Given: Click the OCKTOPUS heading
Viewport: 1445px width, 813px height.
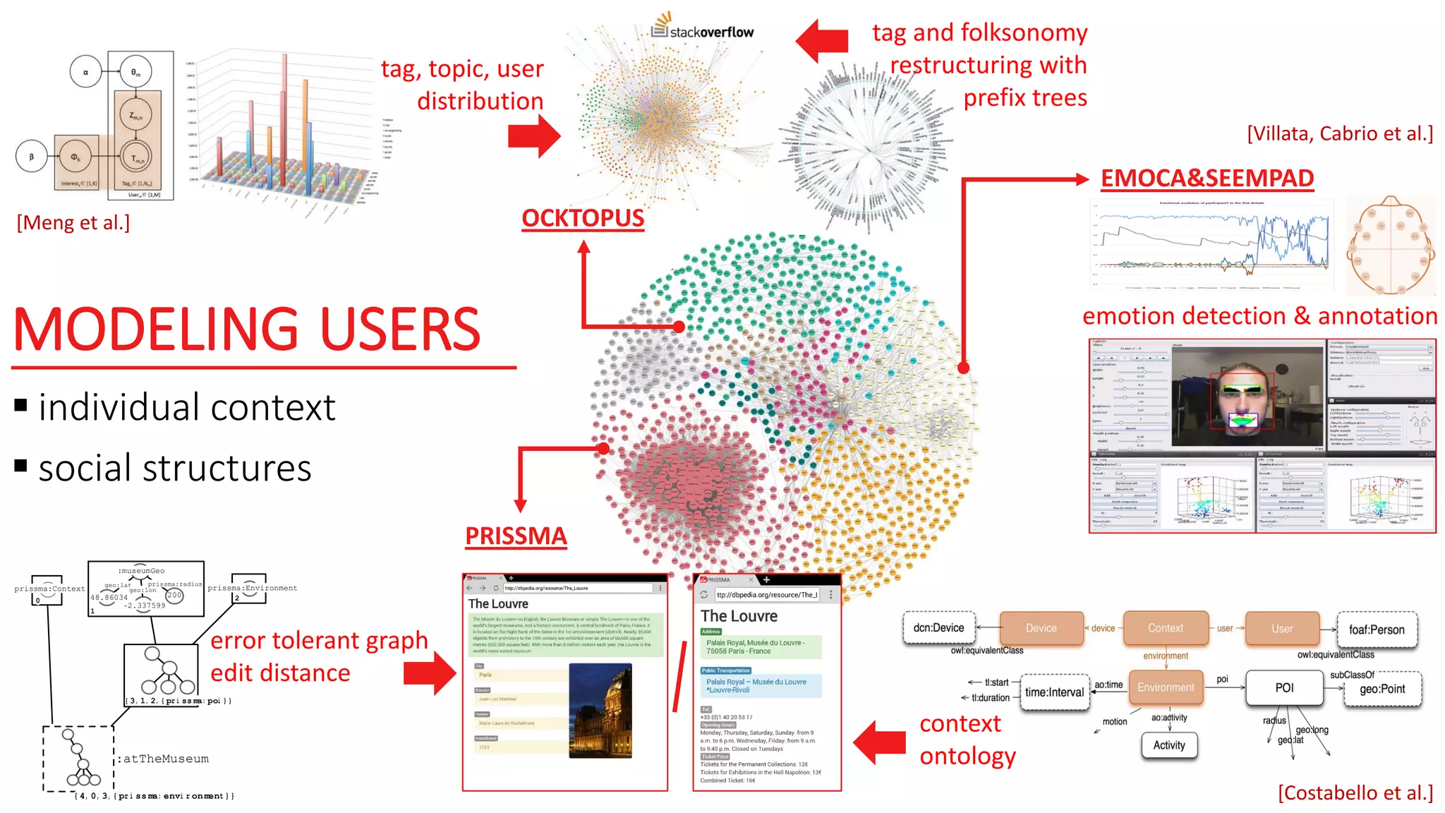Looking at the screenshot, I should coord(583,218).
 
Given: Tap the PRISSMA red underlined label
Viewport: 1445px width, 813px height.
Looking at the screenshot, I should coord(516,536).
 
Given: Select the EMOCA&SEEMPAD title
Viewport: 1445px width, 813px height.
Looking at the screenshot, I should coord(1207,179).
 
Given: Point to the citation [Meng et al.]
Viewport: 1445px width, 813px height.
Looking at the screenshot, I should coord(73,223).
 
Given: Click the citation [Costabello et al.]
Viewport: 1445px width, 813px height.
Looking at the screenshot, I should coord(1355,793).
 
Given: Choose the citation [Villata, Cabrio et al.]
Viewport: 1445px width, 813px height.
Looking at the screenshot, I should coord(1340,133).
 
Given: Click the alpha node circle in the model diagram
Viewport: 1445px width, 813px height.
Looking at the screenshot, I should coord(86,72).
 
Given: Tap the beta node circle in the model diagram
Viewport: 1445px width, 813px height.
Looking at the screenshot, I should coord(31,157).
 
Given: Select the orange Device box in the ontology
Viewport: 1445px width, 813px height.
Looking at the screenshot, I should coord(1041,628).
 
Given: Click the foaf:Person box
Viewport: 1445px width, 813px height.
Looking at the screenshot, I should coord(1376,630).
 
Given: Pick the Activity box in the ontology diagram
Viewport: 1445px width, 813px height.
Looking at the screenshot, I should coord(1169,745).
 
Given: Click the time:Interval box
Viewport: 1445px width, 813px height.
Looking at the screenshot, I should coord(1054,692).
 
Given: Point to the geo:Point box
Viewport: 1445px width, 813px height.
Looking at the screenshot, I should coord(1382,689).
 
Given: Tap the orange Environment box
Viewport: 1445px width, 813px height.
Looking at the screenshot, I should coord(1166,687).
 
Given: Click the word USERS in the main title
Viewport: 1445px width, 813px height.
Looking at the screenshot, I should coord(400,330).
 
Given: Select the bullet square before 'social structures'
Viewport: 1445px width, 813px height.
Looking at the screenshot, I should coord(21,466).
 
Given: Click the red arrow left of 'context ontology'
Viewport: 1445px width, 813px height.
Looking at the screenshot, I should coord(879,742).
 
